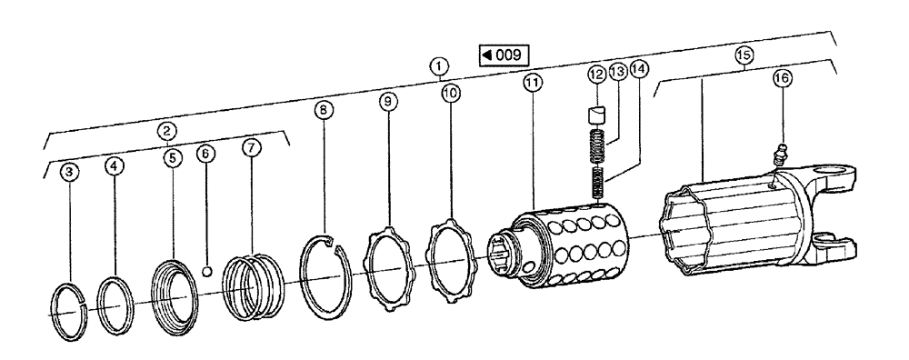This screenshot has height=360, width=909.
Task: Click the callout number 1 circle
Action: tap(439, 66)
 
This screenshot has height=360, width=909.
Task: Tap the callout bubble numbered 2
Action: tap(166, 130)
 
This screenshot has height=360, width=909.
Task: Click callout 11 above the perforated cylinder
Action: tap(532, 82)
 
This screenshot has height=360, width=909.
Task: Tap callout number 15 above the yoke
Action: tap(744, 55)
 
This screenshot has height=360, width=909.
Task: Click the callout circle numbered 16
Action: tap(782, 79)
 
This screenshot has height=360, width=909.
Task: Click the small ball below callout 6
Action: tap(207, 270)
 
